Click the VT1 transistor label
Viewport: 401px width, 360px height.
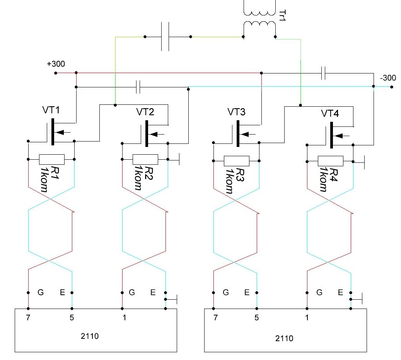pos(51,111)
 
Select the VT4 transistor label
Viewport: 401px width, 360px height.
pos(330,114)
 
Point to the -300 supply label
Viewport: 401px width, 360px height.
pos(388,78)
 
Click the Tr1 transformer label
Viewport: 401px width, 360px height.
pos(281,15)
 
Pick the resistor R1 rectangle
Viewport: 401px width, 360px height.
pos(51,159)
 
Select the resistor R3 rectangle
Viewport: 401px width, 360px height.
pos(236,160)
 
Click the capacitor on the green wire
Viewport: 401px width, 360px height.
pos(165,37)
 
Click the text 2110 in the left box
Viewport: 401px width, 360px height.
pos(91,336)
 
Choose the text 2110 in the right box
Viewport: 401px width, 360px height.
pos(284,339)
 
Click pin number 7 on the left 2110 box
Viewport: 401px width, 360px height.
pos(28,317)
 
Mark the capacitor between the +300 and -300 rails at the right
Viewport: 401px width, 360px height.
pos(324,73)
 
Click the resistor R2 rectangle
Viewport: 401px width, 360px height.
pos(145,159)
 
